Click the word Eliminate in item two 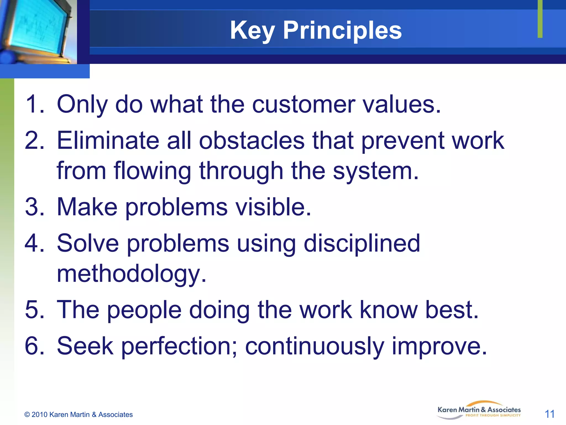(108, 141)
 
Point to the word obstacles (251, 141)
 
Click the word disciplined (362, 243)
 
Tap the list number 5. (34, 310)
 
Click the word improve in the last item (439, 346)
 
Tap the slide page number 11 (549, 414)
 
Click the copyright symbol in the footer (27, 415)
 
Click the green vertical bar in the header (540, 19)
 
